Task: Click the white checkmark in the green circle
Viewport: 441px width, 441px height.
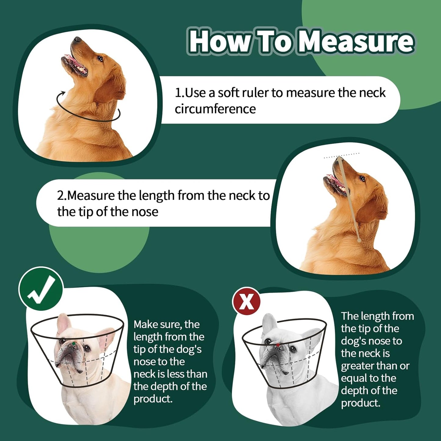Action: point(41,289)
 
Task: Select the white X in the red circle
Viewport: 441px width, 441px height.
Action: point(247,301)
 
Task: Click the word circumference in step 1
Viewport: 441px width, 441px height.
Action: point(215,109)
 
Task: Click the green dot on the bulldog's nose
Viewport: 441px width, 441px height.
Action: point(74,343)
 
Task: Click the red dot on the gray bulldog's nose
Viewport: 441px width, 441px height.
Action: point(278,345)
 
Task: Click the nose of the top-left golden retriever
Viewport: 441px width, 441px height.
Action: point(77,39)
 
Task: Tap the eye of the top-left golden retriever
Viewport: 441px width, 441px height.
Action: point(100,59)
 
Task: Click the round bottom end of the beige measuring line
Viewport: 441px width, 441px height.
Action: point(359,240)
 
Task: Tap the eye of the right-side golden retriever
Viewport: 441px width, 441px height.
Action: point(362,179)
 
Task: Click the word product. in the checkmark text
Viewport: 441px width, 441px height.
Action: point(153,399)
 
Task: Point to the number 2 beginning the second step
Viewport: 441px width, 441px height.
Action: point(60,196)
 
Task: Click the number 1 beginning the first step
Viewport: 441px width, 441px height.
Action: point(178,93)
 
